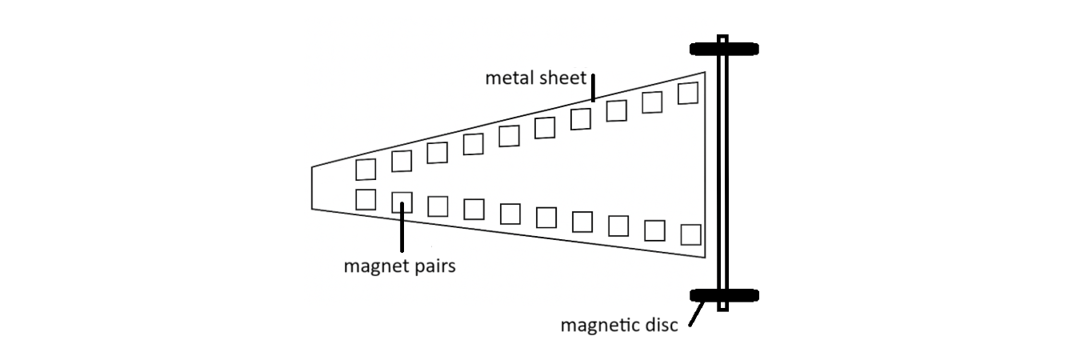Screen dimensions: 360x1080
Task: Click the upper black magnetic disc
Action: pyautogui.click(x=723, y=50)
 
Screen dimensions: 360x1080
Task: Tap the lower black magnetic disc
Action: pyautogui.click(x=723, y=295)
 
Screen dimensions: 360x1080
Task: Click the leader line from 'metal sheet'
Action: pyautogui.click(x=593, y=87)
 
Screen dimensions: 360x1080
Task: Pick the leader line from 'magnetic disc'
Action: pyautogui.click(x=695, y=314)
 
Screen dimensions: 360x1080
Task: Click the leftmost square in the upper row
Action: pyautogui.click(x=366, y=170)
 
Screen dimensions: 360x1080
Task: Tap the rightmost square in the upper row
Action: pyautogui.click(x=688, y=93)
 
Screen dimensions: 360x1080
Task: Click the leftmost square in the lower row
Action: pyautogui.click(x=366, y=199)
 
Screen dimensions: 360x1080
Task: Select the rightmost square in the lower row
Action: pyautogui.click(x=690, y=234)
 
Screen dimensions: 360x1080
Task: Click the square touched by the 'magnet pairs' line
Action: pyautogui.click(x=402, y=202)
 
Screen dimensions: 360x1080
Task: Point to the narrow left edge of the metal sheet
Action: pyautogui.click(x=312, y=188)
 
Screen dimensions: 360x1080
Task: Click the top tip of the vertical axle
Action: pyautogui.click(x=722, y=38)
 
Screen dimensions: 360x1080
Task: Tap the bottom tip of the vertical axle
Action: pyautogui.click(x=722, y=308)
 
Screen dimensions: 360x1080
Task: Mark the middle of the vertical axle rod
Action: pyautogui.click(x=722, y=172)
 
